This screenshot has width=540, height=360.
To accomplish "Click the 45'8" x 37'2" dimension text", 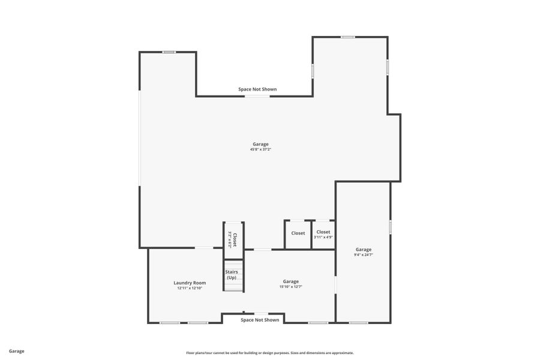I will [x=260, y=149].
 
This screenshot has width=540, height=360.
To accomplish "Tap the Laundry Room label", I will [x=190, y=283].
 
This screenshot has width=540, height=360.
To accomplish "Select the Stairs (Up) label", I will [x=231, y=275].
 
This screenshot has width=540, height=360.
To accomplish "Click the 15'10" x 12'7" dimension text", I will [x=290, y=287].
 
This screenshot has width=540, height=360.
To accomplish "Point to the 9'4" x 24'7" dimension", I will [x=363, y=255].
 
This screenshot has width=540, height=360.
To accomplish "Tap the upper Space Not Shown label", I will [x=257, y=89].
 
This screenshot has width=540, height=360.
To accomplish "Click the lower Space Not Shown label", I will [x=260, y=320].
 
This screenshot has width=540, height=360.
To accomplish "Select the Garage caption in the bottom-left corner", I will [x=17, y=351].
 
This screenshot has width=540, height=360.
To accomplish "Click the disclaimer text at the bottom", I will [x=269, y=353].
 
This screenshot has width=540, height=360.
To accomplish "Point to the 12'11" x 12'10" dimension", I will [x=190, y=288].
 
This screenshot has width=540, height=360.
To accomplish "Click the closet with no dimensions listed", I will [x=298, y=233].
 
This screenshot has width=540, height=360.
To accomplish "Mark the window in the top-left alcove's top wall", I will [x=169, y=52].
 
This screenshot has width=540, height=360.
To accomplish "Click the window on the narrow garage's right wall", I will [x=390, y=227].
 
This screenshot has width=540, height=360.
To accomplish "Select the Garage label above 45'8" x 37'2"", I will [x=260, y=144].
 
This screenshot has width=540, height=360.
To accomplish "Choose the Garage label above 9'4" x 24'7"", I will [x=363, y=250].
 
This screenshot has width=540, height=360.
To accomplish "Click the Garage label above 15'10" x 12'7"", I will [x=290, y=281].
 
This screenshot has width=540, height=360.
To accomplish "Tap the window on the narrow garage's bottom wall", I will [x=358, y=323].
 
